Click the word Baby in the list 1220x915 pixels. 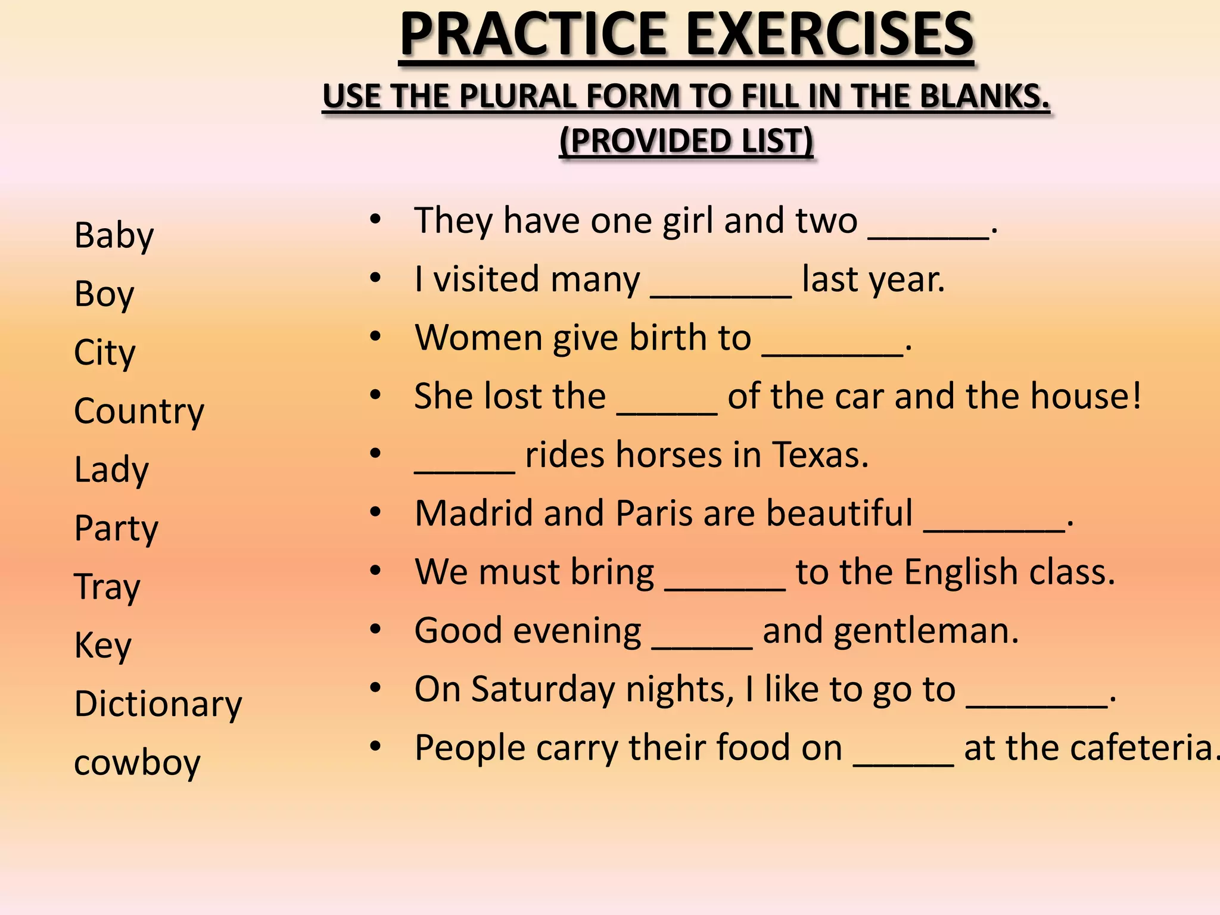[x=114, y=236]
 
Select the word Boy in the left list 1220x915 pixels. [x=104, y=294]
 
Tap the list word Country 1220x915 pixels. [x=139, y=411]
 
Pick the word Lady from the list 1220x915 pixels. [x=111, y=470]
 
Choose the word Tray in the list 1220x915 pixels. [x=107, y=587]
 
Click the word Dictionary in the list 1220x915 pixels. [x=158, y=704]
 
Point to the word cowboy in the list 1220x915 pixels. [x=137, y=762]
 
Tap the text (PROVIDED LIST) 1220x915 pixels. [x=686, y=141]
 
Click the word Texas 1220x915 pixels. [x=820, y=455]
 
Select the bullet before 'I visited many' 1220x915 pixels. [x=375, y=278]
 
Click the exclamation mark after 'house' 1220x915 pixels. [x=1136, y=396]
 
